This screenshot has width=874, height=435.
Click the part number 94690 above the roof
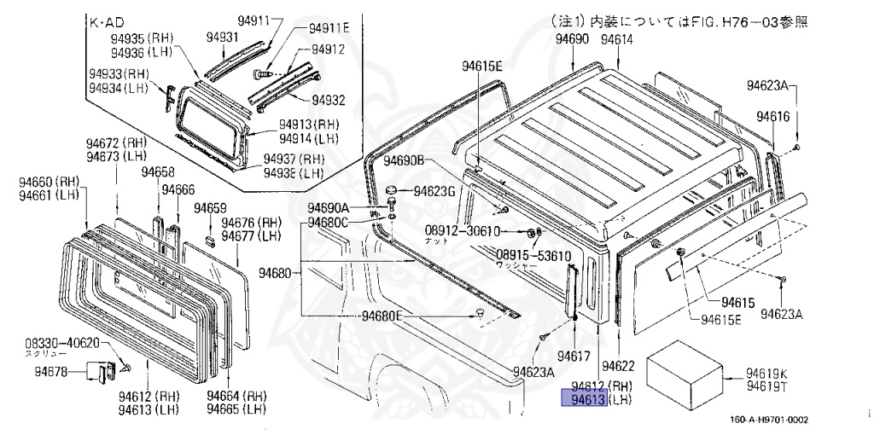tap(572, 40)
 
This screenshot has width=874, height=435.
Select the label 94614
tap(617, 40)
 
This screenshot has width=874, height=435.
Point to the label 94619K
tap(767, 373)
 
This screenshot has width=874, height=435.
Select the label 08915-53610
tap(534, 255)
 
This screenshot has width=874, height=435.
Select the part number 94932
tap(328, 100)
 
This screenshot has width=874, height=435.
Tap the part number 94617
tap(574, 354)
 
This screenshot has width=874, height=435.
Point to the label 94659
tap(210, 207)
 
